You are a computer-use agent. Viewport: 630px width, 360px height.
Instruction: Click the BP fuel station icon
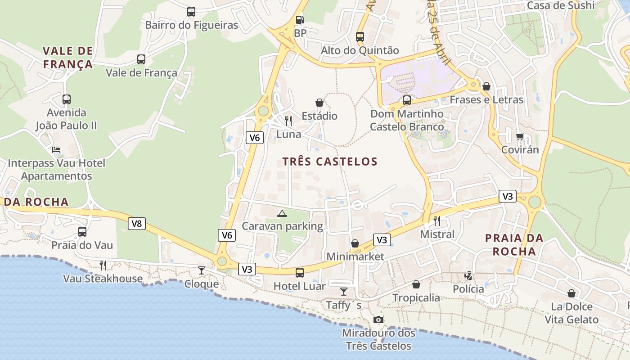(300, 20)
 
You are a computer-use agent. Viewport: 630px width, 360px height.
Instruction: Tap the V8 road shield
(137, 224)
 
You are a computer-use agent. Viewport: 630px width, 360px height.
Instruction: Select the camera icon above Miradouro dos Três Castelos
(378, 319)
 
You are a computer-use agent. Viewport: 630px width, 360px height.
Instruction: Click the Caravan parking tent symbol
(282, 213)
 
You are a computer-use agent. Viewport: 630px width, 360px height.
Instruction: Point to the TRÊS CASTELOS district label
(330, 162)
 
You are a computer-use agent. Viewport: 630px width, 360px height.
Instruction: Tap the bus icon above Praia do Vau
(82, 232)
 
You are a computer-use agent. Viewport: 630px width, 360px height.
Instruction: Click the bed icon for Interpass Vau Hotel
(56, 150)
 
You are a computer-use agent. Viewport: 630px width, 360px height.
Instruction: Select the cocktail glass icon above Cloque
(202, 270)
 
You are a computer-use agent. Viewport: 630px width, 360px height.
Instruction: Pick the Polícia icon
(468, 275)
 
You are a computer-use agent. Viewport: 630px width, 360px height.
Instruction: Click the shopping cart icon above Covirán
(520, 136)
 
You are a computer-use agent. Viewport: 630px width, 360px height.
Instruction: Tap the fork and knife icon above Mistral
(436, 220)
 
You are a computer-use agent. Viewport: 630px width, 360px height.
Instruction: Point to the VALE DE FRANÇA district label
(68, 57)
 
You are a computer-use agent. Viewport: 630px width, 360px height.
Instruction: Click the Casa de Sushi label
(560, 5)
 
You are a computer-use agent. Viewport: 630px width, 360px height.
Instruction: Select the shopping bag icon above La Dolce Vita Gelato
(571, 293)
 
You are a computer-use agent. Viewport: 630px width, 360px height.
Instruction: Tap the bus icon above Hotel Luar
(300, 272)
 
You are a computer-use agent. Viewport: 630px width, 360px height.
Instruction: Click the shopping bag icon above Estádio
(319, 103)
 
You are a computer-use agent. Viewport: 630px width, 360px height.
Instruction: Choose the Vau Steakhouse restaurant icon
(103, 265)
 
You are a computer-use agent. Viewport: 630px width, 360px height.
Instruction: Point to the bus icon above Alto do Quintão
(360, 37)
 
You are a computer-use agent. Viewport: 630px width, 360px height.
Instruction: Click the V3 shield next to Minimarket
(382, 240)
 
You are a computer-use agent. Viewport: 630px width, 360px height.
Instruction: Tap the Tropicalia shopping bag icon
(416, 284)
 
